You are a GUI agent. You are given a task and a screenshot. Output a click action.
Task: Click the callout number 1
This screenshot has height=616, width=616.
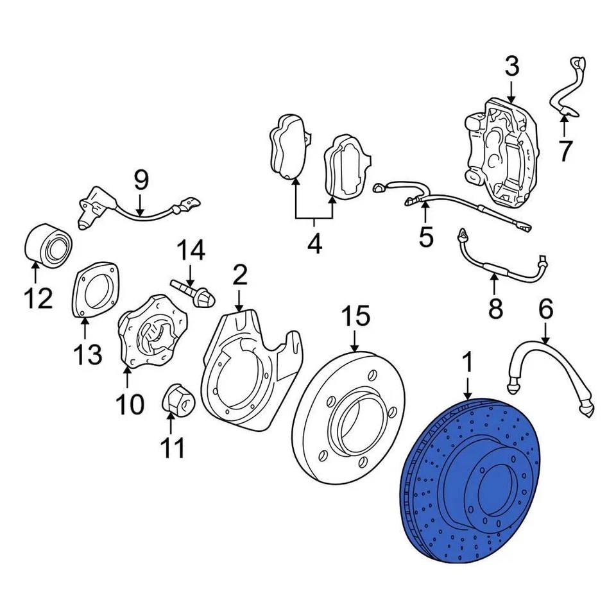(x=468, y=363)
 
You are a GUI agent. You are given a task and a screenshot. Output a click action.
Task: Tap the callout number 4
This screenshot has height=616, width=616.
(x=314, y=244)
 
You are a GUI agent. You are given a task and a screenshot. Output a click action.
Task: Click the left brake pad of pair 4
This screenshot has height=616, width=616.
(x=287, y=146)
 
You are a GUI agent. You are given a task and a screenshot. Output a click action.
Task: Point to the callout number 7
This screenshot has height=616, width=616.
(x=565, y=151)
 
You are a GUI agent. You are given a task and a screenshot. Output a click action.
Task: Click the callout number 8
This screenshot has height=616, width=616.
(x=495, y=309)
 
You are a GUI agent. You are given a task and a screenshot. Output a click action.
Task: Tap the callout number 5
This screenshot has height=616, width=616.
(x=426, y=237)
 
